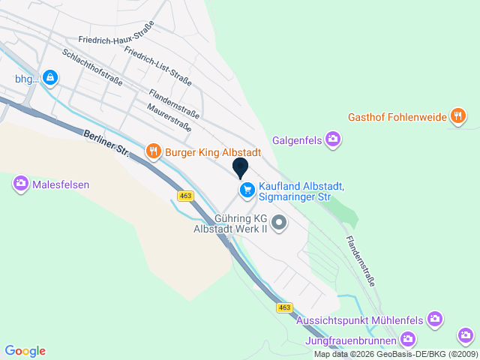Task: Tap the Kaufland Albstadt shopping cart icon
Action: (x=246, y=191)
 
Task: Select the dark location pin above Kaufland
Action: (x=241, y=167)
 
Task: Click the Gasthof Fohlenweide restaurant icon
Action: (x=457, y=116)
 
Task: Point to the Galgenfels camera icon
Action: (x=333, y=139)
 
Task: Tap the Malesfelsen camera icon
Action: (x=20, y=183)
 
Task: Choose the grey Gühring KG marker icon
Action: (x=279, y=222)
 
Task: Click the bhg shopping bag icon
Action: (x=49, y=77)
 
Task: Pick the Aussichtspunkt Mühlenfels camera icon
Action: (x=434, y=320)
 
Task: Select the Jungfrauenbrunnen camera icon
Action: (x=407, y=340)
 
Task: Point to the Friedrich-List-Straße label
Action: (x=157, y=66)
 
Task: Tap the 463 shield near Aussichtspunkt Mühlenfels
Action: (x=283, y=307)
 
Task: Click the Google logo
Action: (x=25, y=351)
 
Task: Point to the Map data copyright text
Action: (x=395, y=354)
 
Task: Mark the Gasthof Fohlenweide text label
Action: (x=397, y=117)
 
